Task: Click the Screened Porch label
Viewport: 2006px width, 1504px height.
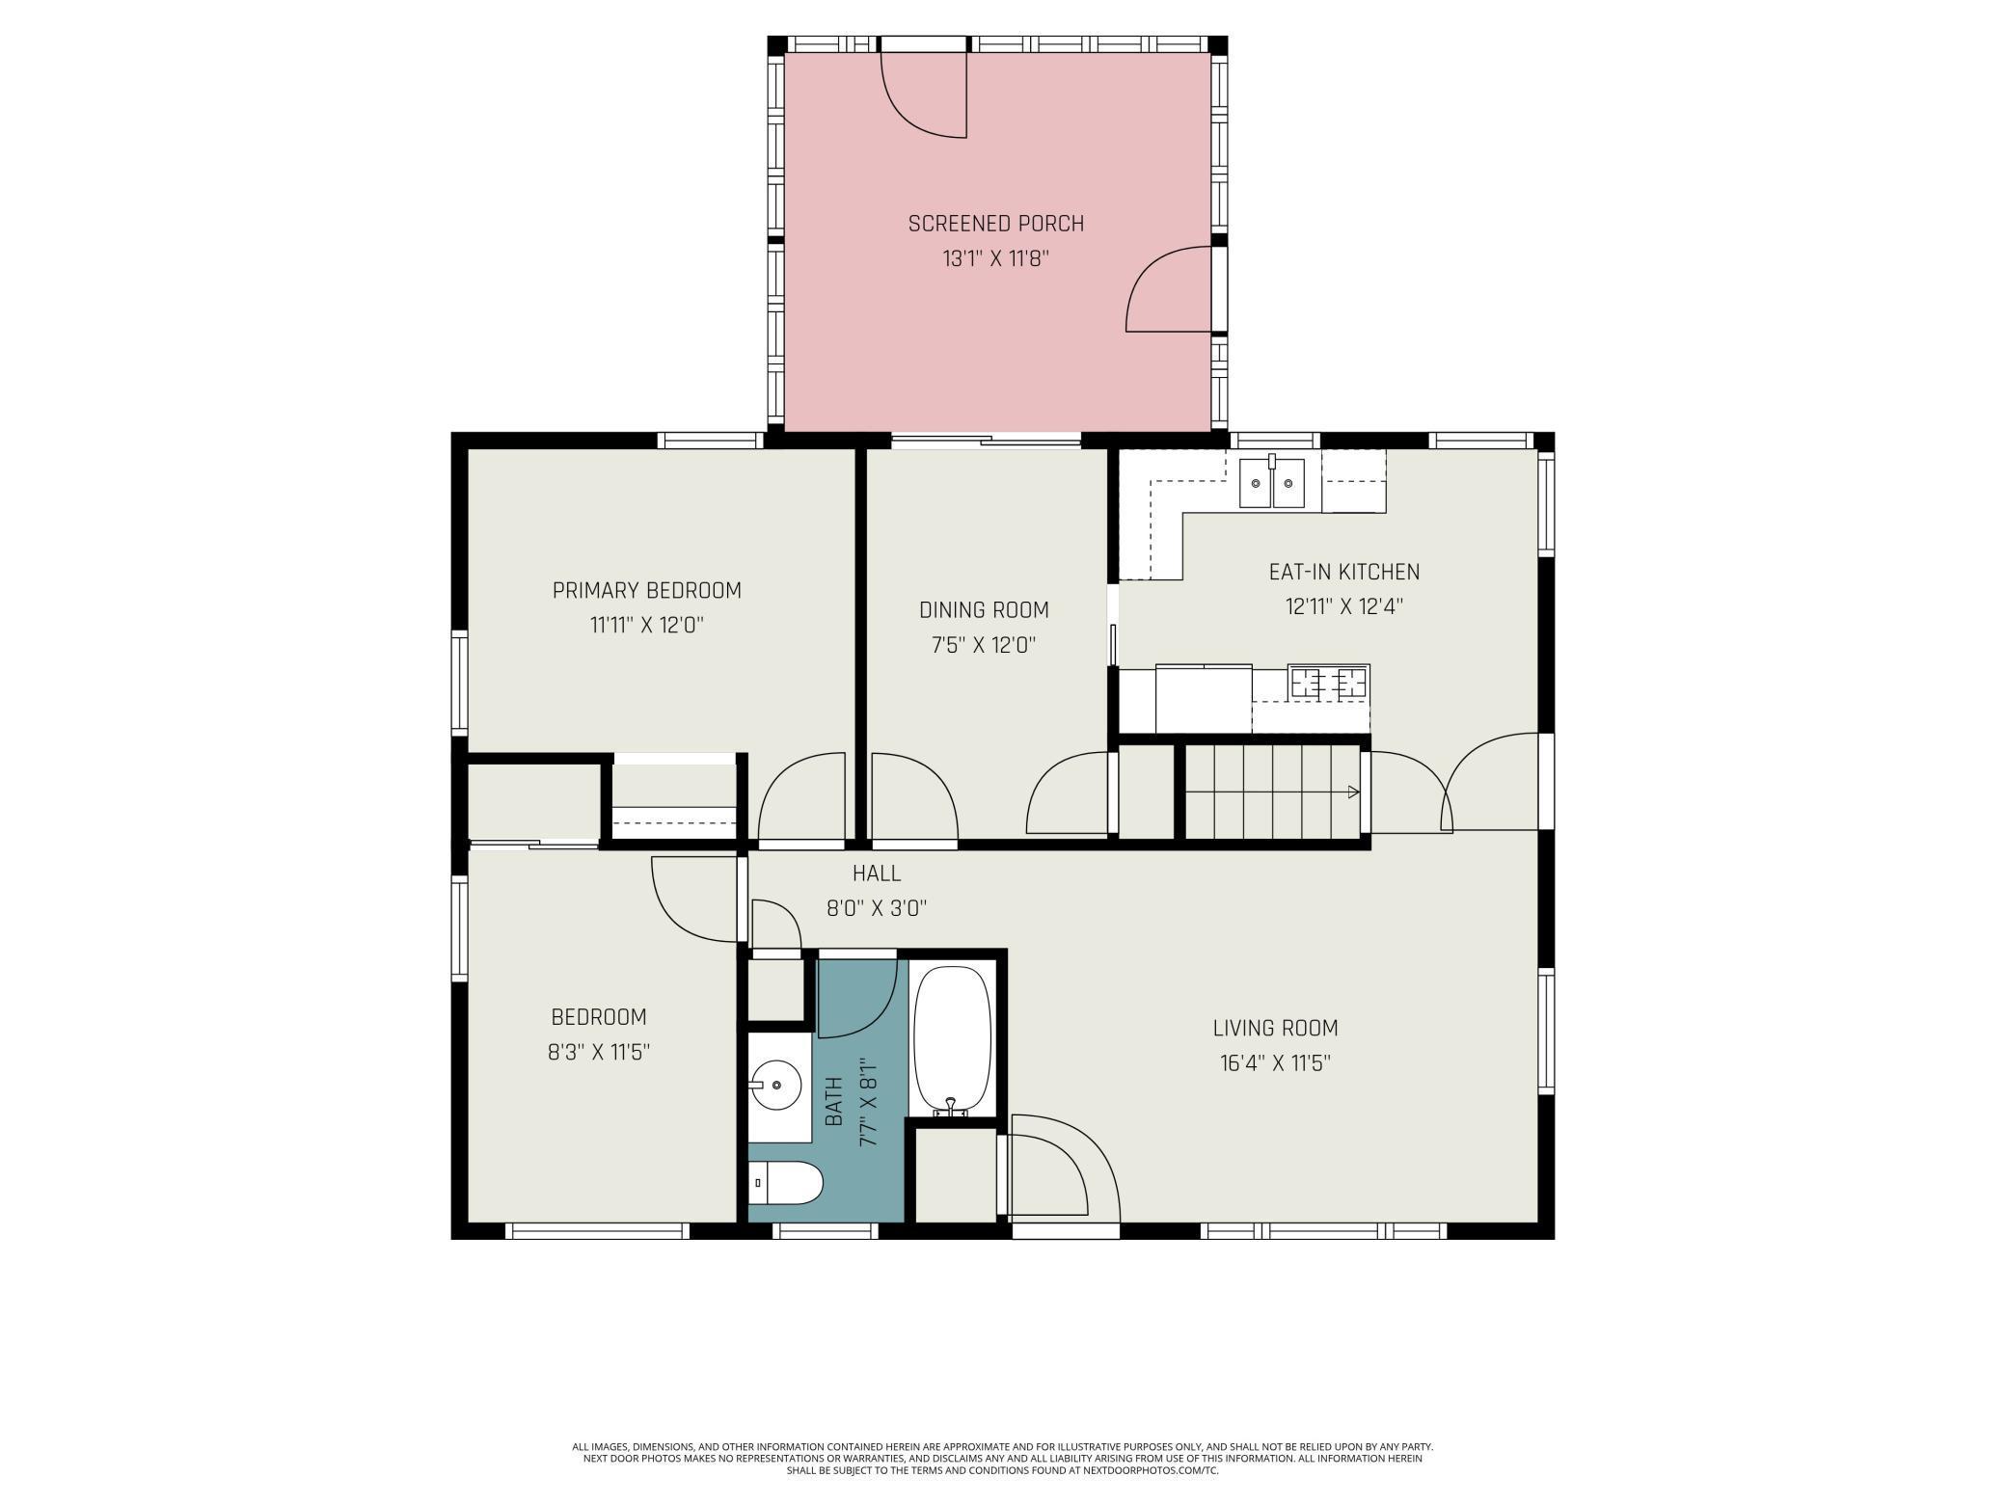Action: click(x=995, y=224)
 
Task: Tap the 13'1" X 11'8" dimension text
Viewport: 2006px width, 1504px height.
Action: click(x=995, y=258)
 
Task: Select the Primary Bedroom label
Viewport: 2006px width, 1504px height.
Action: click(x=647, y=590)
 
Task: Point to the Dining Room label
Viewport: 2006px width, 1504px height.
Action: click(x=984, y=609)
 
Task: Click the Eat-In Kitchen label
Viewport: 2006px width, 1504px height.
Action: click(x=1344, y=572)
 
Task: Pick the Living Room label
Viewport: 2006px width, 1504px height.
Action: click(x=1275, y=1028)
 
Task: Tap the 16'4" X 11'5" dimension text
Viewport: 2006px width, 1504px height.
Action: click(x=1275, y=1063)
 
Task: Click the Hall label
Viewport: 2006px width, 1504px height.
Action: click(x=877, y=873)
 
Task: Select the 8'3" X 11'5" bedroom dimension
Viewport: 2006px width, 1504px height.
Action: click(x=599, y=1052)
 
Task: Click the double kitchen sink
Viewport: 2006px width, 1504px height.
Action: click(x=1272, y=481)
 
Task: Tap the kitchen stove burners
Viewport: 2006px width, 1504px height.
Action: click(x=1330, y=682)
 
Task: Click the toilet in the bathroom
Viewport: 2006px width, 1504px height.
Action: click(x=786, y=1183)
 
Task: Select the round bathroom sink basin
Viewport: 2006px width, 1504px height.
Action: click(x=777, y=1086)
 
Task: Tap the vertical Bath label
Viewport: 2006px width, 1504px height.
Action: click(x=834, y=1101)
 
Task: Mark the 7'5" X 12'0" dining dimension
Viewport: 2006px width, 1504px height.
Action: click(x=984, y=645)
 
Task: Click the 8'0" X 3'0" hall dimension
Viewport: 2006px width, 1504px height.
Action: click(x=877, y=908)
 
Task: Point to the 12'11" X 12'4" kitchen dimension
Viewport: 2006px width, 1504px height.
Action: click(x=1344, y=606)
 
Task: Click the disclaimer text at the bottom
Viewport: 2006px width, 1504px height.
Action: click(x=1003, y=1459)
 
